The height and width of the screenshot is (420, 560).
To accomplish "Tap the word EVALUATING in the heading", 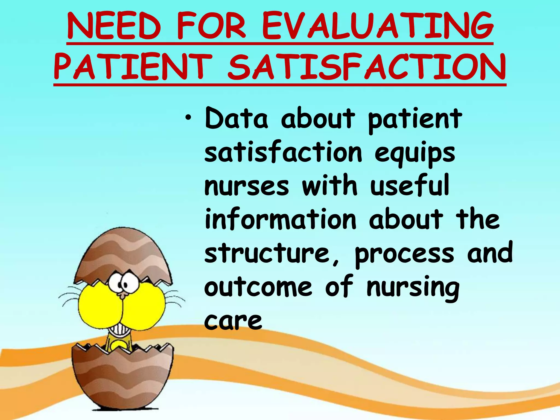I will point(378,27).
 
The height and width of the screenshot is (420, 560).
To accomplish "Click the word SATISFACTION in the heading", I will point(367,67).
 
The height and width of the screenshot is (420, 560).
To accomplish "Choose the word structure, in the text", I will point(272,254).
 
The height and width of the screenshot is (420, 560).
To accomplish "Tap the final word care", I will point(233,321).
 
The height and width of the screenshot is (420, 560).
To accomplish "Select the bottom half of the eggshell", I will point(123,380).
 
